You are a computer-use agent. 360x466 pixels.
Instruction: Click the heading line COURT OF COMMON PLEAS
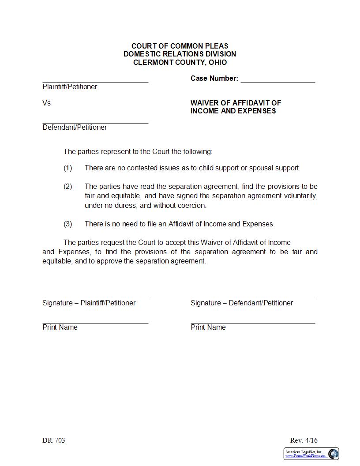tap(180, 46)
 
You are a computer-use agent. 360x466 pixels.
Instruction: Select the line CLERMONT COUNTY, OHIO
tap(180, 62)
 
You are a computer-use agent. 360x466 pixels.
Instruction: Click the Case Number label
tap(214, 78)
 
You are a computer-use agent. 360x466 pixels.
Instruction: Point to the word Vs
tap(47, 103)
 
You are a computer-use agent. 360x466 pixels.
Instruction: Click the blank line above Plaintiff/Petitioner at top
tap(95, 82)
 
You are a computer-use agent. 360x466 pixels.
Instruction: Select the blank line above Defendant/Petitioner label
tap(95, 123)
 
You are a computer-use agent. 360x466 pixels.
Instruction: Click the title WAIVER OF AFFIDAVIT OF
tap(236, 103)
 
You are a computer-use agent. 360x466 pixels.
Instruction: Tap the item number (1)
tap(67, 168)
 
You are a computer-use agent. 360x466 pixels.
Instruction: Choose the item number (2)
tap(67, 186)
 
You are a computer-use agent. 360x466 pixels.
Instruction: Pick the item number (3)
tap(67, 224)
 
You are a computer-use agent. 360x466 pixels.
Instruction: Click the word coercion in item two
tap(191, 205)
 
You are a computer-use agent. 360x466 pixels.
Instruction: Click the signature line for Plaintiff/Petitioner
tap(95, 298)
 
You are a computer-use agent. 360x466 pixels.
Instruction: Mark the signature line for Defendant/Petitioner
tap(253, 298)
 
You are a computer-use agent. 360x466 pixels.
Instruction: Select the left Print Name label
tap(60, 327)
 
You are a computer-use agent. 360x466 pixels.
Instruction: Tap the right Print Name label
tap(208, 327)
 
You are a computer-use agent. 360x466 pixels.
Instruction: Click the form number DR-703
tap(54, 440)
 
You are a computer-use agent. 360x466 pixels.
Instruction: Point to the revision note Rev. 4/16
tap(304, 440)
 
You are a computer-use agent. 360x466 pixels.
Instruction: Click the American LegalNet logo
tap(311, 454)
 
